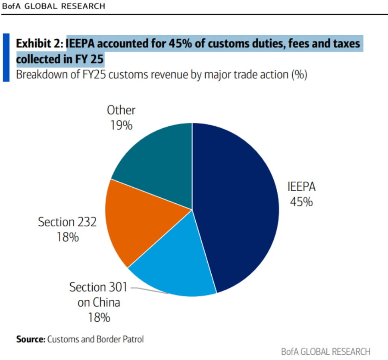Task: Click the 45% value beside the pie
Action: (x=300, y=202)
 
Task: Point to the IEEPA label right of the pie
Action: (x=301, y=187)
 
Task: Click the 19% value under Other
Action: (x=121, y=125)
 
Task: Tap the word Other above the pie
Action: (x=121, y=110)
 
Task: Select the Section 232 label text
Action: (x=67, y=222)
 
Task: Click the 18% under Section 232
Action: (x=67, y=237)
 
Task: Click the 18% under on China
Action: (x=99, y=317)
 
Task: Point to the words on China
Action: (x=99, y=302)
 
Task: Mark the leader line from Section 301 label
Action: (x=149, y=289)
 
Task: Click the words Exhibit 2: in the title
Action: (x=40, y=43)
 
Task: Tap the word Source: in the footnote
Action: (x=31, y=339)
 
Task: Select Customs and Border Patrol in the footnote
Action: (x=95, y=339)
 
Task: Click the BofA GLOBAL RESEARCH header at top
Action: (x=53, y=6)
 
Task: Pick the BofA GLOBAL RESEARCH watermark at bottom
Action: (x=325, y=351)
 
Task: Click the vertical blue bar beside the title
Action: (x=6, y=58)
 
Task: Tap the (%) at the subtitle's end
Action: (x=299, y=74)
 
